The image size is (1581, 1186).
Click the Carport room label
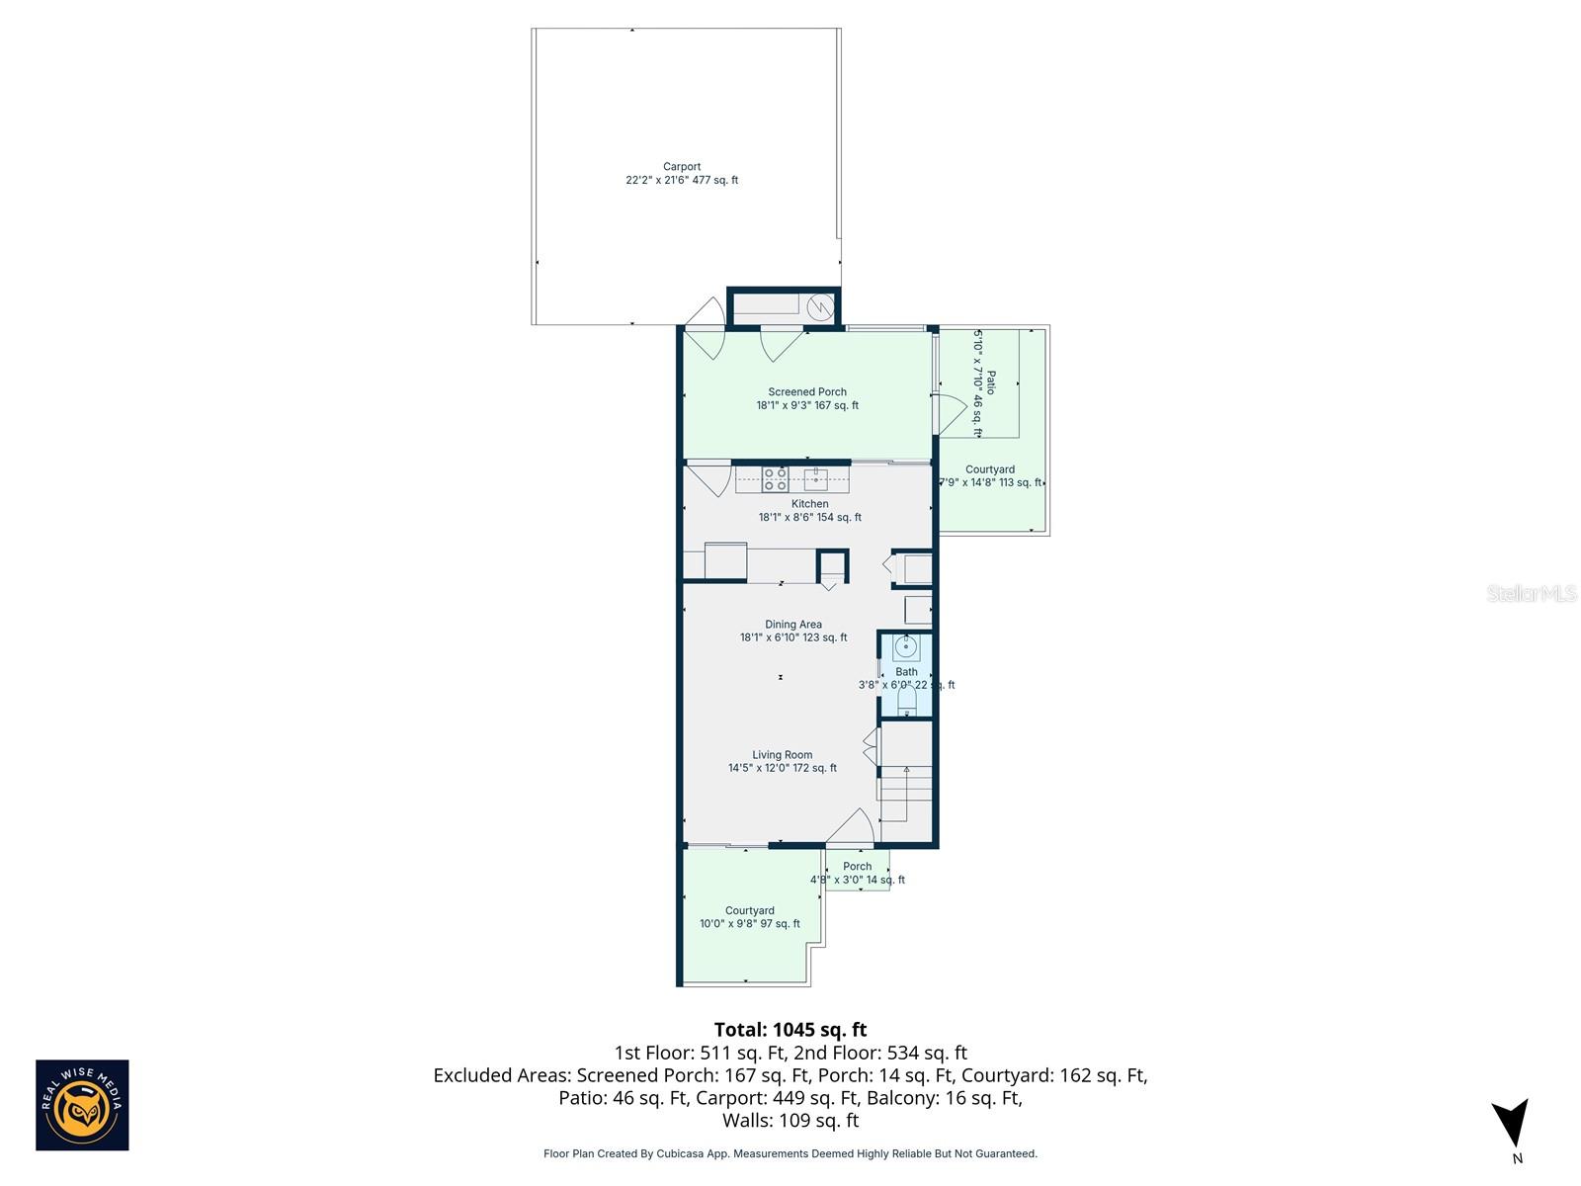tap(682, 174)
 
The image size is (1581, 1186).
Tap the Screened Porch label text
tap(807, 398)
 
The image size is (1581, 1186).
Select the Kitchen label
tap(809, 510)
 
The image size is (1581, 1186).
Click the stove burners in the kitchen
tap(775, 479)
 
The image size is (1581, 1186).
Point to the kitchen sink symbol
tap(815, 479)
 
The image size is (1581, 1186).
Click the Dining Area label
tap(793, 631)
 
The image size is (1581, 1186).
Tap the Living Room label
tap(783, 761)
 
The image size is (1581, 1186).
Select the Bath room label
tap(906, 678)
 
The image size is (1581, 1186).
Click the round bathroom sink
tap(906, 648)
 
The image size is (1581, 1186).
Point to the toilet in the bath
tap(906, 703)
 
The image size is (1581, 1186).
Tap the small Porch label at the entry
tap(857, 873)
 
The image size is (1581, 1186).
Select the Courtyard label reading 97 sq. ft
tap(750, 917)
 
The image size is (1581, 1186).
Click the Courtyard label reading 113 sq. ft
tap(990, 476)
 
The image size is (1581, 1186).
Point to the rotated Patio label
tap(984, 383)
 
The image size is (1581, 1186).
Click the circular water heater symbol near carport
tap(820, 307)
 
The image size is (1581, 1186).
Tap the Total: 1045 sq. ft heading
tap(790, 1030)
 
